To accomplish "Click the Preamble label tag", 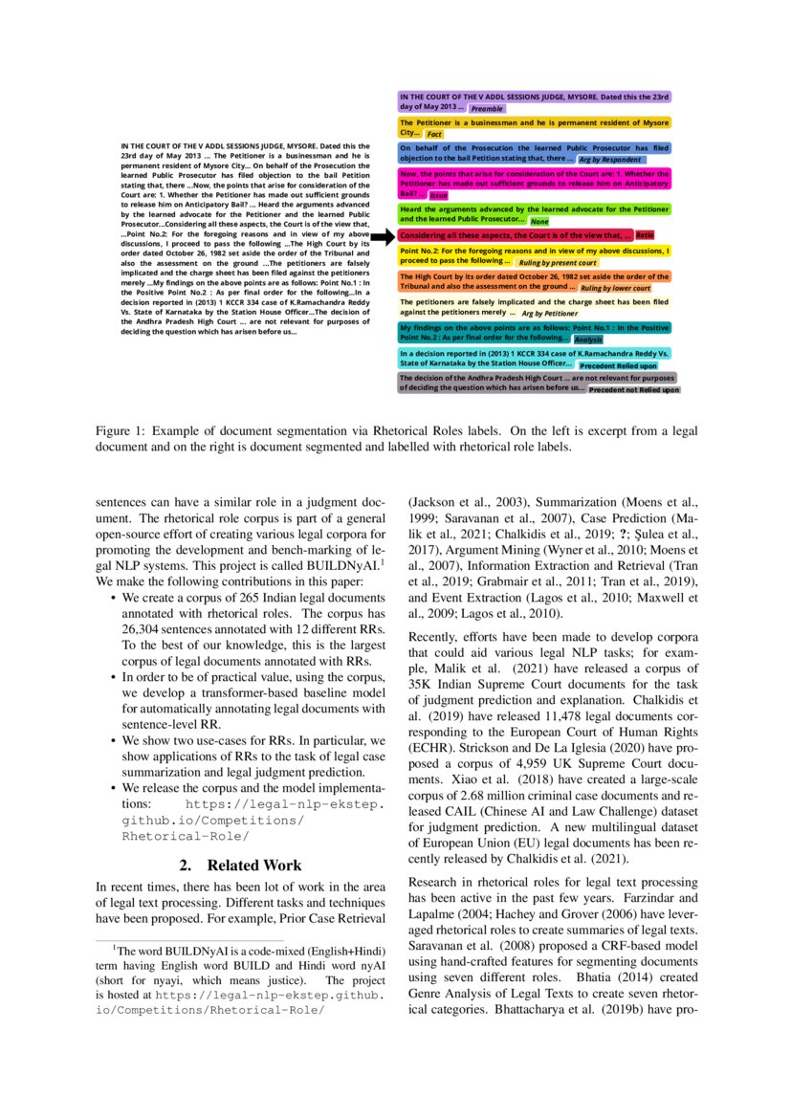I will click(x=488, y=109).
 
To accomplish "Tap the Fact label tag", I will click(x=434, y=135).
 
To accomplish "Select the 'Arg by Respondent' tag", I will click(x=609, y=160).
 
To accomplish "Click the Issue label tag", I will click(x=439, y=195).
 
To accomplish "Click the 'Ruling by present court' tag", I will click(x=557, y=262).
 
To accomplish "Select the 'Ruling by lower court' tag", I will click(x=615, y=288).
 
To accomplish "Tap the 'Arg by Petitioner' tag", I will click(x=549, y=313).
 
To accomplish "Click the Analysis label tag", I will click(x=588, y=340).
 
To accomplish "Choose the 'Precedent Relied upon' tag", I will click(x=618, y=365).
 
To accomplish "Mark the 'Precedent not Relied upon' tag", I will click(x=633, y=390).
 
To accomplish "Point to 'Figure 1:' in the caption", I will click(x=121, y=430).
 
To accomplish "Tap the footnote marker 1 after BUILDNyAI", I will click(x=383, y=561).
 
